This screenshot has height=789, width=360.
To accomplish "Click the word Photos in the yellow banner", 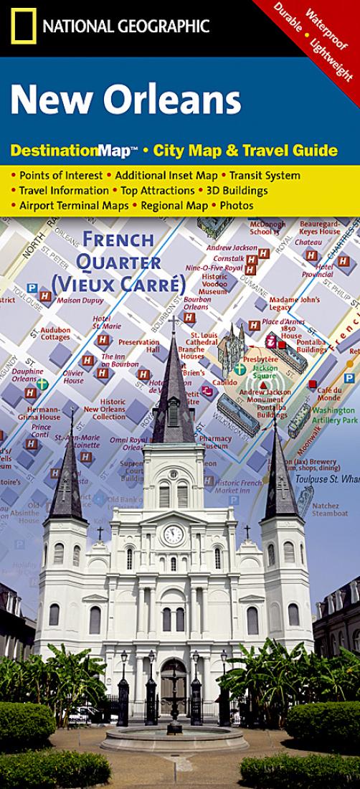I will (x=237, y=205).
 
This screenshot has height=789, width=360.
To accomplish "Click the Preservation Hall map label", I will (x=138, y=346).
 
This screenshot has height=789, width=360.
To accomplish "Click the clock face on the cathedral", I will (x=173, y=534).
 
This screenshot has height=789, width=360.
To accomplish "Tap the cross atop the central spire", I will (x=172, y=321).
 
